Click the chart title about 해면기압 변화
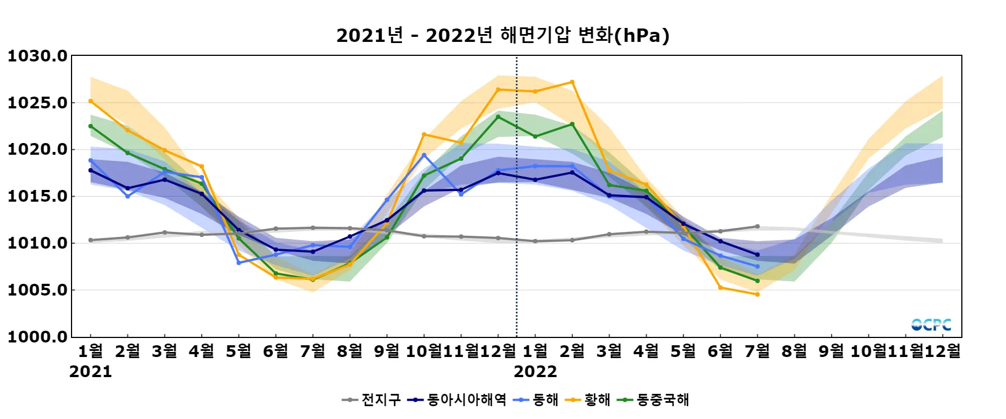click(502, 35)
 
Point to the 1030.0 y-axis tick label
click(37, 56)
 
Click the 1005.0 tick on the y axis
click(37, 290)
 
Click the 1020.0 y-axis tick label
click(37, 149)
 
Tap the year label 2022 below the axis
click(535, 372)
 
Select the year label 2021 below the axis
click(91, 372)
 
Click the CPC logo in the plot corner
click(931, 325)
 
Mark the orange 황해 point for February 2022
click(572, 82)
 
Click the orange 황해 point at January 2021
click(91, 101)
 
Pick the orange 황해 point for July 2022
click(757, 294)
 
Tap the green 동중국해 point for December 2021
click(498, 117)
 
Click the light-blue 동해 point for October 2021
click(424, 155)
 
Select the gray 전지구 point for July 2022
click(757, 226)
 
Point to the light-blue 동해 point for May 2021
click(239, 263)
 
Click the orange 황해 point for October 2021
click(424, 134)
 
